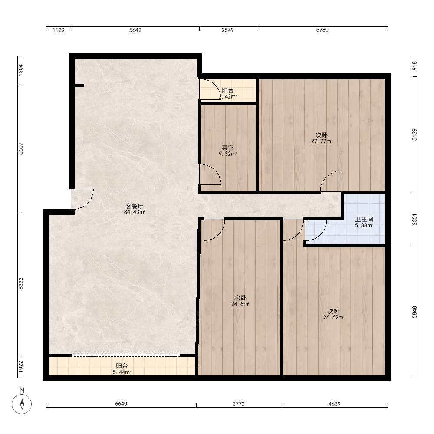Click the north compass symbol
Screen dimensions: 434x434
(22, 404)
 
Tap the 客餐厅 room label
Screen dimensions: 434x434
(134, 206)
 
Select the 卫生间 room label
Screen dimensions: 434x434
(364, 219)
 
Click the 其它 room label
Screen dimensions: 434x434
(227, 148)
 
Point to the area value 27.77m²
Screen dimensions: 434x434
(322, 141)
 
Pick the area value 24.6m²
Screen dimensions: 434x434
(240, 304)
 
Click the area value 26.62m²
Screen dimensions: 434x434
(334, 318)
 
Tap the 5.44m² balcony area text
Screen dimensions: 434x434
(122, 372)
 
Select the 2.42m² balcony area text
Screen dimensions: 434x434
(227, 97)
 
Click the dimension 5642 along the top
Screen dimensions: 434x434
(135, 30)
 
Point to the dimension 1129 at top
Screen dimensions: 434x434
(59, 30)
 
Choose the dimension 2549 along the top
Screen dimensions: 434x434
(227, 30)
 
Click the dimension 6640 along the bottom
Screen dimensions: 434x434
(121, 404)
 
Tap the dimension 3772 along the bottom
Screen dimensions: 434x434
(239, 404)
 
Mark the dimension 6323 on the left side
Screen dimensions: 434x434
(21, 283)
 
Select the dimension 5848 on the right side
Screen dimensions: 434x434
(414, 312)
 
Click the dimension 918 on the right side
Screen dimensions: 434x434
(414, 66)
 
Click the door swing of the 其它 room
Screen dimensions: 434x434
(210, 174)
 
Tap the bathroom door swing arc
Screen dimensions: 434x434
(316, 230)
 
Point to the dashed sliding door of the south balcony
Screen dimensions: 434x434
(126, 355)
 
